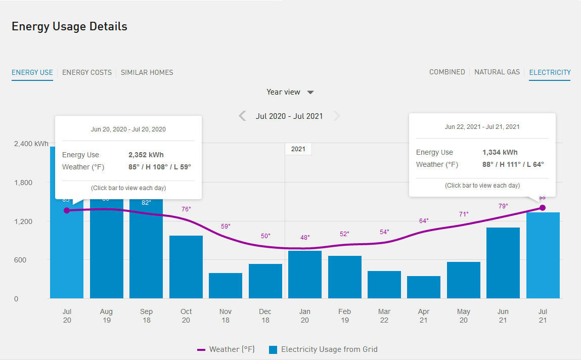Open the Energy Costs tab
(87, 72)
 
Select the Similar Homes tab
(147, 72)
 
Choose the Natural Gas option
(497, 72)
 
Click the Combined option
(447, 72)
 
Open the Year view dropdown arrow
(310, 93)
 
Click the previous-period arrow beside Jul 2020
(243, 116)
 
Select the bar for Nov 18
(226, 286)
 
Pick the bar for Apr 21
(424, 287)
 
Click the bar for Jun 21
(503, 263)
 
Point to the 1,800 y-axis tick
(22, 183)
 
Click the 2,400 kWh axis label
(31, 144)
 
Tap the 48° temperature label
(305, 237)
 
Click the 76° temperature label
(186, 209)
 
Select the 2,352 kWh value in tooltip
(146, 155)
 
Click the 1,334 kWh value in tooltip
(500, 152)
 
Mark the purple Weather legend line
(201, 349)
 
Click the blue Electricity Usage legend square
(273, 349)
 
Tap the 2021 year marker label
(298, 149)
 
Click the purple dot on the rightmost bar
(543, 208)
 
